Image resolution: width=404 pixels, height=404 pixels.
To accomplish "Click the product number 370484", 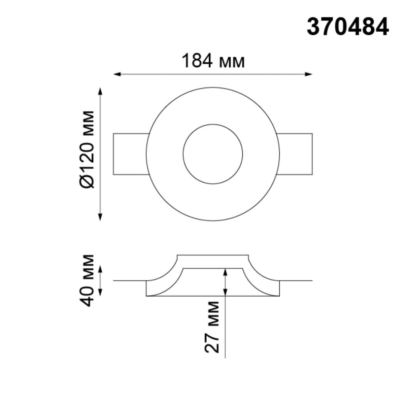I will click(x=347, y=27).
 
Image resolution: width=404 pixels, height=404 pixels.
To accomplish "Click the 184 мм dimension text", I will click(x=213, y=61).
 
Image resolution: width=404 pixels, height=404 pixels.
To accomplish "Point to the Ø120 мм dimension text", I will click(x=88, y=149).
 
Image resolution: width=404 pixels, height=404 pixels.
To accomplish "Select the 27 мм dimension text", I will click(x=212, y=327).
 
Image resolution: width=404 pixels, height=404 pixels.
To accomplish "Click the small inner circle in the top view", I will click(x=213, y=154).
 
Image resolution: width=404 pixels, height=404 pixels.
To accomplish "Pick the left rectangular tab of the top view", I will click(x=130, y=154).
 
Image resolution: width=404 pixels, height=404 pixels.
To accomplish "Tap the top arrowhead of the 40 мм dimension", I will click(x=100, y=268).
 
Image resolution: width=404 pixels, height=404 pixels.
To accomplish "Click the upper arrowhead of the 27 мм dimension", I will click(x=225, y=272).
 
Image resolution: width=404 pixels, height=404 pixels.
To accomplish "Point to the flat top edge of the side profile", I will click(x=213, y=255).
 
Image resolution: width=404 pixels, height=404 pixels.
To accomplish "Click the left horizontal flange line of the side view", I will click(x=130, y=280).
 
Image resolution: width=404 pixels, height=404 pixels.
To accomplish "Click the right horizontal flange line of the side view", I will click(x=296, y=280).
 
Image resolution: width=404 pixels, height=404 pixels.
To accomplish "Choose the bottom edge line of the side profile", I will click(x=213, y=296).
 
